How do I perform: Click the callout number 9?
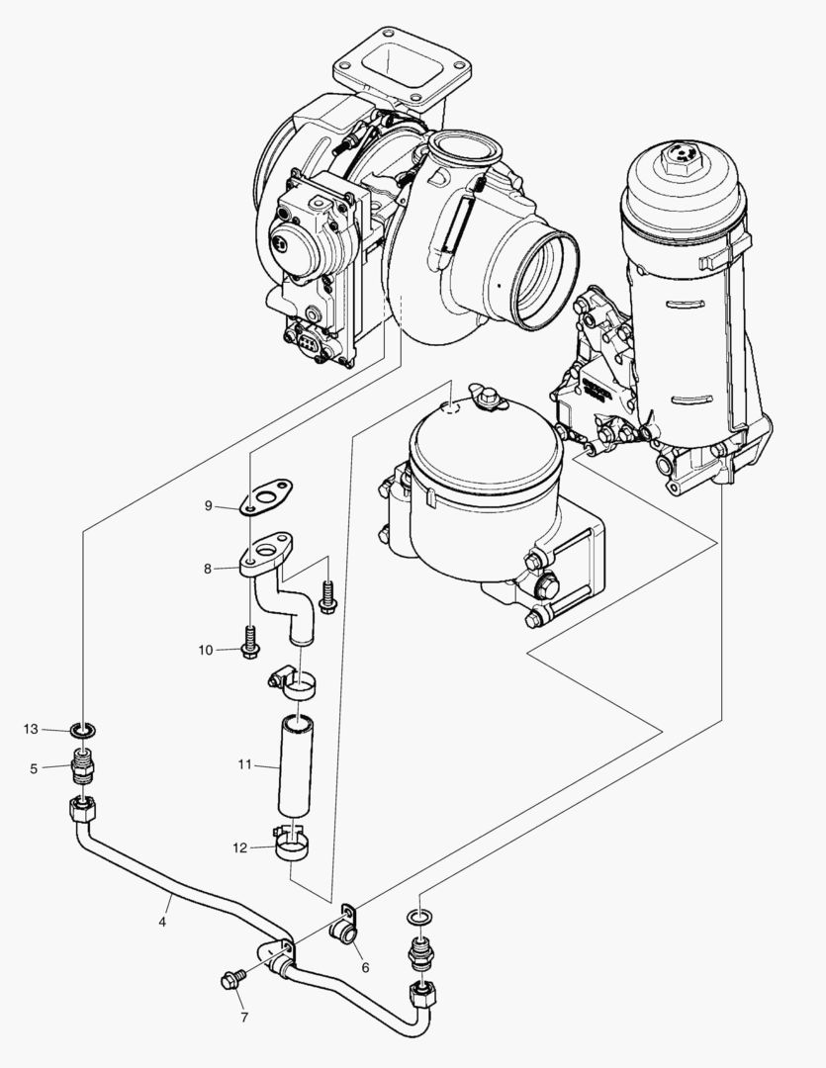coord(209,505)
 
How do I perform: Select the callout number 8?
coord(209,569)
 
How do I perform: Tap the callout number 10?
coord(206,650)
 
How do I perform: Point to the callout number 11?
coord(245,764)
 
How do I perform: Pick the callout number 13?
coord(31,729)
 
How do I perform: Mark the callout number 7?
coord(244,1016)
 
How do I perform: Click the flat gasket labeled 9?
coord(269,495)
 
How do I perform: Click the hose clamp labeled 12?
coord(293,844)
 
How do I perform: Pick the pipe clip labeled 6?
coord(345,929)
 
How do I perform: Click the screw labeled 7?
coord(231,981)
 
